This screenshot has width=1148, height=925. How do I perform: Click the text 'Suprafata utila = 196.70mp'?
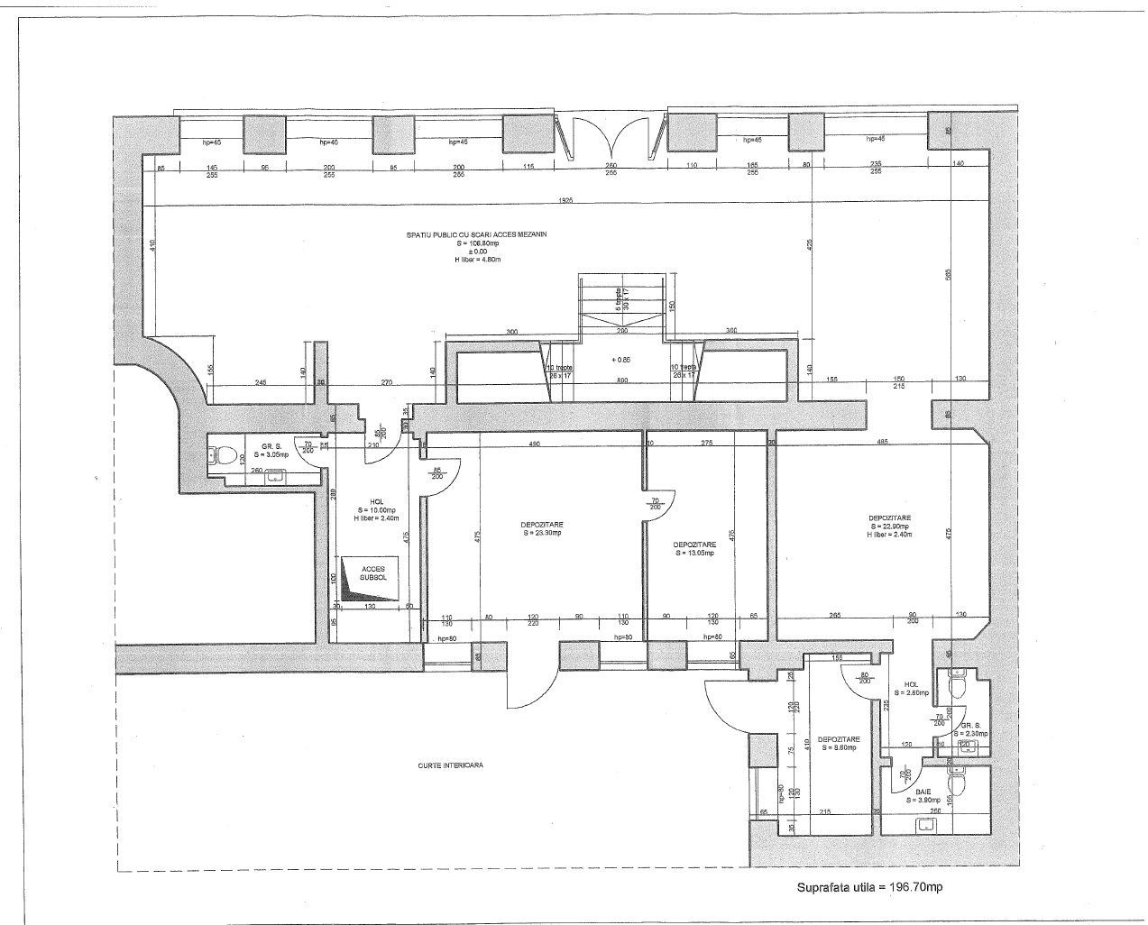pyautogui.click(x=869, y=887)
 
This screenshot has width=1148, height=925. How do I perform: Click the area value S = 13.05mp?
pyautogui.click(x=694, y=554)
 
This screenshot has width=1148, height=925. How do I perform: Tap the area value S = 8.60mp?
pyautogui.click(x=839, y=747)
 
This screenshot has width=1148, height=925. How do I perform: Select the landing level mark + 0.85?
pyautogui.click(x=620, y=359)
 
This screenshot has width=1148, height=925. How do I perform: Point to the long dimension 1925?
pyautogui.click(x=565, y=199)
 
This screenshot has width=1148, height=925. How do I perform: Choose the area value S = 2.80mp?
pyautogui.click(x=912, y=693)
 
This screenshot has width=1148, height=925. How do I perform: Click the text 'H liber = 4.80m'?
pyautogui.click(x=478, y=259)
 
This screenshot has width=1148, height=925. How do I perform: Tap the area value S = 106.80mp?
pyautogui.click(x=477, y=243)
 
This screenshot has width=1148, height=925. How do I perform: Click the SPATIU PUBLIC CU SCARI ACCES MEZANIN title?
pyautogui.click(x=477, y=234)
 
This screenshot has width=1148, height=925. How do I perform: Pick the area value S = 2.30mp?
pyautogui.click(x=973, y=734)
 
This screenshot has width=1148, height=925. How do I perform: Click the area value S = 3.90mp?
pyautogui.click(x=923, y=800)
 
